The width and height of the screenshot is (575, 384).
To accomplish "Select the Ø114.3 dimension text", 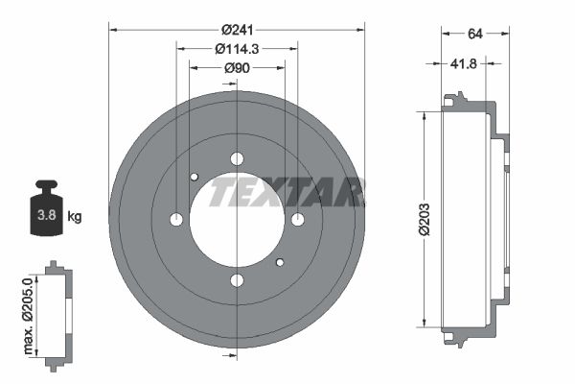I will click(x=237, y=48).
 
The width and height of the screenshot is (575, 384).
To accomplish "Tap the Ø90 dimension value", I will click(x=237, y=68).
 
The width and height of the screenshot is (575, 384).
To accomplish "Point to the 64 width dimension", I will click(x=473, y=34).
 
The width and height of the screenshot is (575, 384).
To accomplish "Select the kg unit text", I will click(x=75, y=217).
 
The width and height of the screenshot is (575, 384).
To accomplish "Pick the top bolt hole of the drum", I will click(x=237, y=159).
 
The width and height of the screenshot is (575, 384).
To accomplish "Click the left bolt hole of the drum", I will click(x=176, y=220).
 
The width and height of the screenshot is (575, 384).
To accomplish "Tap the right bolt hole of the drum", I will click(x=297, y=220).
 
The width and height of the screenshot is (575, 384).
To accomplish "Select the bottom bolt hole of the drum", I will click(x=237, y=280).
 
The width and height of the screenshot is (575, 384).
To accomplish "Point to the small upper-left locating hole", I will click(x=194, y=177).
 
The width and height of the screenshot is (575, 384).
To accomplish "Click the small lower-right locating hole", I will click(x=280, y=262).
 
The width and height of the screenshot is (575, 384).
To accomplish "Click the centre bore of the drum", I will click(x=237, y=220).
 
